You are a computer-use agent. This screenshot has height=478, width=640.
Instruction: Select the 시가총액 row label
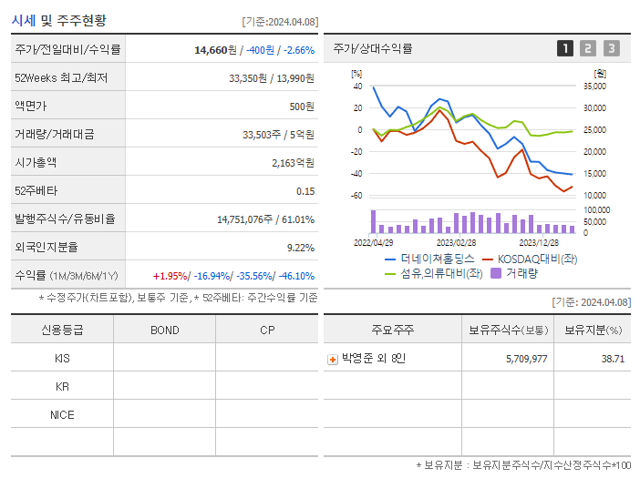[x=36, y=163]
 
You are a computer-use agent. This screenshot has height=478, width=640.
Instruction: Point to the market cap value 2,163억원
[x=293, y=163]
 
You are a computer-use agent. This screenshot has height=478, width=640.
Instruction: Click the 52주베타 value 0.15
[x=305, y=191]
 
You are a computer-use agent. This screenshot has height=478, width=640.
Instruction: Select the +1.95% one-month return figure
[x=170, y=276]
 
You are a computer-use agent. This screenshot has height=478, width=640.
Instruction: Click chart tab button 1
[x=565, y=48]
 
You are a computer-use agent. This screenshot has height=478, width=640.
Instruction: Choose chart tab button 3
[x=611, y=48]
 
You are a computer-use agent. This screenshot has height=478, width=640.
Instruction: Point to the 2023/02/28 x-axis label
[x=456, y=242]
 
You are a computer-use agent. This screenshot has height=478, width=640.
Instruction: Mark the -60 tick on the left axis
[x=356, y=196]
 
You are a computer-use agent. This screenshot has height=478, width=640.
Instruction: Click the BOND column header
[x=165, y=330]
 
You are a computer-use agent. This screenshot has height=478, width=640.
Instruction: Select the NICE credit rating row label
[x=62, y=415]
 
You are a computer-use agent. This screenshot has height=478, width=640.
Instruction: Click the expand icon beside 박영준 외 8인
[x=333, y=359]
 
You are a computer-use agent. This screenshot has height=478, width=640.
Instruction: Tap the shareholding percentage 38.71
[x=613, y=359]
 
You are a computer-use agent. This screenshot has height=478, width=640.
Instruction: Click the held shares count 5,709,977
[x=526, y=359]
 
